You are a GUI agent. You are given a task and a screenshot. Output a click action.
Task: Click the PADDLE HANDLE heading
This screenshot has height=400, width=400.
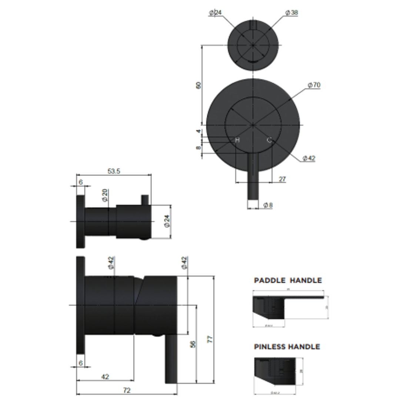click(x=288, y=280)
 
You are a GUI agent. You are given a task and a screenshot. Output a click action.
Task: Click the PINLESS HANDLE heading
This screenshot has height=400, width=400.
click(x=287, y=347)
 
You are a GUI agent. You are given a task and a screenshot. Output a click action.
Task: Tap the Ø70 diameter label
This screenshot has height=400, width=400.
click(x=314, y=85)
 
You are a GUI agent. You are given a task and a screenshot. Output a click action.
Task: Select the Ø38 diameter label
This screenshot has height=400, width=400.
click(x=291, y=13)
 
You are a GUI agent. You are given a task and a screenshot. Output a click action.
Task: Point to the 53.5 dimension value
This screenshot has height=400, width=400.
click(x=114, y=171)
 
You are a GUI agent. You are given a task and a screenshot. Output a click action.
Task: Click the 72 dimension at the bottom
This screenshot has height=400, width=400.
click(x=127, y=390)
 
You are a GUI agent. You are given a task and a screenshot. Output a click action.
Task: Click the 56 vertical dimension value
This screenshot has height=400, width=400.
click(x=193, y=344)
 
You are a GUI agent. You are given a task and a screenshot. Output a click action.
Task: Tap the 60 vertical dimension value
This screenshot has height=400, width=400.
click(x=198, y=85)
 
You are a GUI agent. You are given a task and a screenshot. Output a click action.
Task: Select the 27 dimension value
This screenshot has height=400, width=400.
click(x=282, y=179)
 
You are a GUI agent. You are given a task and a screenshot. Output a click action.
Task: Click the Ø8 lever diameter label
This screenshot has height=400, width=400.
click(x=268, y=205)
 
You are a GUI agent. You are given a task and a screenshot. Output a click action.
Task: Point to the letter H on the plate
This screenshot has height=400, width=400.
click(x=237, y=140)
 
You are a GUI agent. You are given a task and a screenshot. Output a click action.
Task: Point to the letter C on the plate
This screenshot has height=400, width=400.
click(x=269, y=140)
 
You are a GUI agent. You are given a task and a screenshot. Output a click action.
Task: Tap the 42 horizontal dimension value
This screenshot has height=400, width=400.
click(x=105, y=377)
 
